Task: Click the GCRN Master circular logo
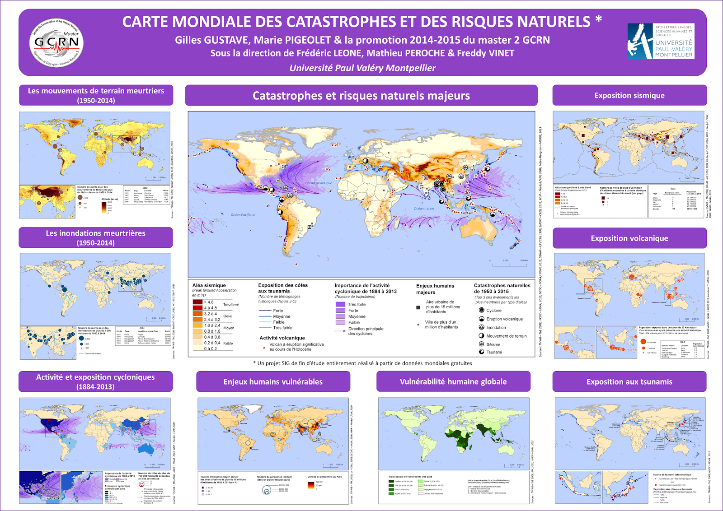pyautogui.click(x=56, y=43)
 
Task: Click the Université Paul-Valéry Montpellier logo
pyautogui.click(x=661, y=42)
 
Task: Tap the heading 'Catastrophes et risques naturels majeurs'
pyautogui.click(x=361, y=96)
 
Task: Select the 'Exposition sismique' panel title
pyautogui.click(x=629, y=95)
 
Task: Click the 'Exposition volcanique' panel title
pyautogui.click(x=629, y=238)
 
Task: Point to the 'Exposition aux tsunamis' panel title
pyautogui.click(x=629, y=381)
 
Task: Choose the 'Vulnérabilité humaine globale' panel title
pyautogui.click(x=453, y=381)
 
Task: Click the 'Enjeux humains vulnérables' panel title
pyautogui.click(x=273, y=381)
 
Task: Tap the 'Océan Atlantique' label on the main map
pyautogui.click(x=319, y=183)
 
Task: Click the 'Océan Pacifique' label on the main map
pyautogui.click(x=243, y=215)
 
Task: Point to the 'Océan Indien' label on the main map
pyautogui.click(x=424, y=209)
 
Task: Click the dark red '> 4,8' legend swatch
pyautogui.click(x=197, y=302)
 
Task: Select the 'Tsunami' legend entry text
pyautogui.click(x=494, y=352)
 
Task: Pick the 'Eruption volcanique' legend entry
pyautogui.click(x=504, y=319)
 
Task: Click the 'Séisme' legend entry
pyautogui.click(x=493, y=344)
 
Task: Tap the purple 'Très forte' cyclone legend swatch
pyautogui.click(x=340, y=305)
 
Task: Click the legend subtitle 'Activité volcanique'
pyautogui.click(x=282, y=338)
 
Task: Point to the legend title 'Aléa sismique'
pyautogui.click(x=209, y=285)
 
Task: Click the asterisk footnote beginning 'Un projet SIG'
pyautogui.click(x=362, y=363)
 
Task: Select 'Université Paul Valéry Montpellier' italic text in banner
pyautogui.click(x=362, y=68)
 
